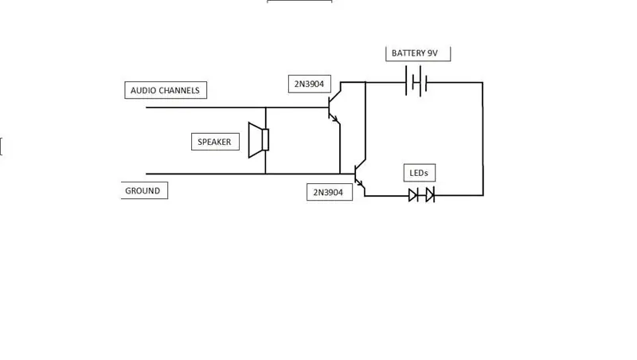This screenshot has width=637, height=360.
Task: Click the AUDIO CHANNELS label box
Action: click(166, 90)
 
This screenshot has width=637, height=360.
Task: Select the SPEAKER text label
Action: click(214, 142)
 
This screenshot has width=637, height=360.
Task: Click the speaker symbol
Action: click(259, 140)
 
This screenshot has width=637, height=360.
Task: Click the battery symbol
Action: click(416, 82)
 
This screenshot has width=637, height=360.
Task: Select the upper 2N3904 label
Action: click(310, 84)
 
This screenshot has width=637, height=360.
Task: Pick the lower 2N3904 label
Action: click(330, 192)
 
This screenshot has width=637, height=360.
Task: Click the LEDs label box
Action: click(420, 173)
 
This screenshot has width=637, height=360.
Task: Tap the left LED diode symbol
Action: click(413, 195)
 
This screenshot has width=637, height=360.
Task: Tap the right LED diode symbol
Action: click(430, 195)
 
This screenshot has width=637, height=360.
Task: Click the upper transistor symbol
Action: click(334, 108)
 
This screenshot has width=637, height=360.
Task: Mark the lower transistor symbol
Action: click(361, 175)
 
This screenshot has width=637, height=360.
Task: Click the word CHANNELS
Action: click(181, 91)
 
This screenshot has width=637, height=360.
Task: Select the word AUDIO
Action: click(145, 91)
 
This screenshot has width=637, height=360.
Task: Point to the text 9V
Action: click(432, 53)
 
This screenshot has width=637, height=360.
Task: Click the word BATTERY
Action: click(408, 53)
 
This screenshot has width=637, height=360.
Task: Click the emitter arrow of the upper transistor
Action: click(334, 118)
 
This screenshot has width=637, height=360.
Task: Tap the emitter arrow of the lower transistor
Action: click(361, 183)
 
